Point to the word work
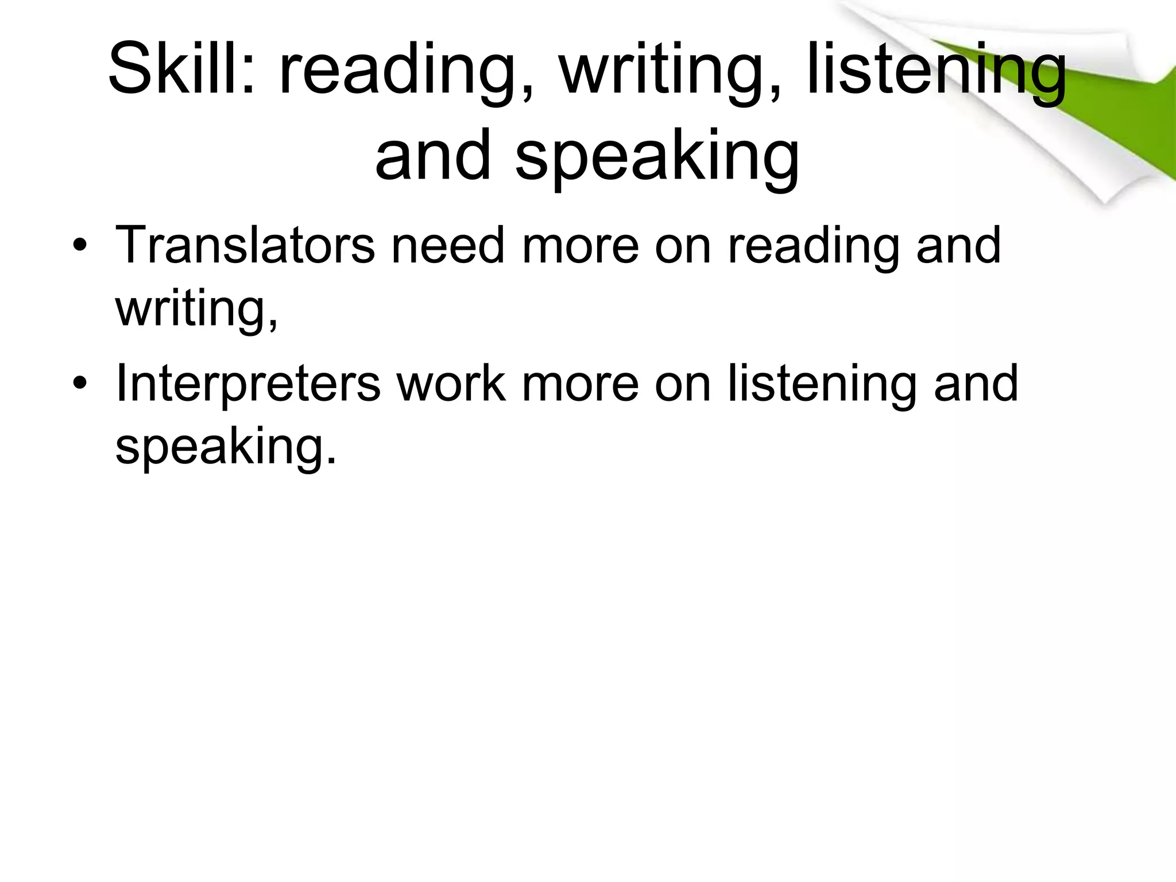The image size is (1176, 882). tap(451, 384)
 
